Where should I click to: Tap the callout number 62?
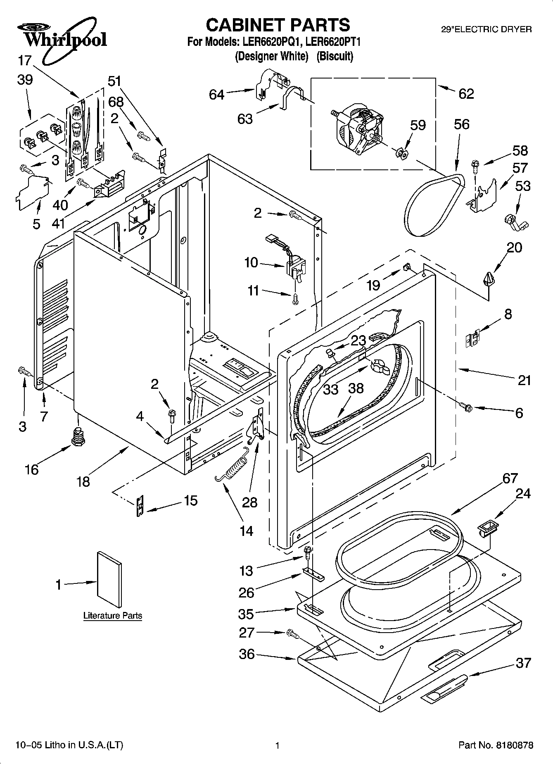[x=466, y=94]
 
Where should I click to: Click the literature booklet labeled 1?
[x=109, y=580]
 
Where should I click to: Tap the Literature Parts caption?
[x=112, y=616]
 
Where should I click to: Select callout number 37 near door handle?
[x=523, y=663]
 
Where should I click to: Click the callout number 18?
[x=83, y=481]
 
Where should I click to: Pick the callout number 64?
[x=216, y=95]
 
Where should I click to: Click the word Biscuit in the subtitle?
[x=335, y=56]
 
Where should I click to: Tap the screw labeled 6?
[x=466, y=407]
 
